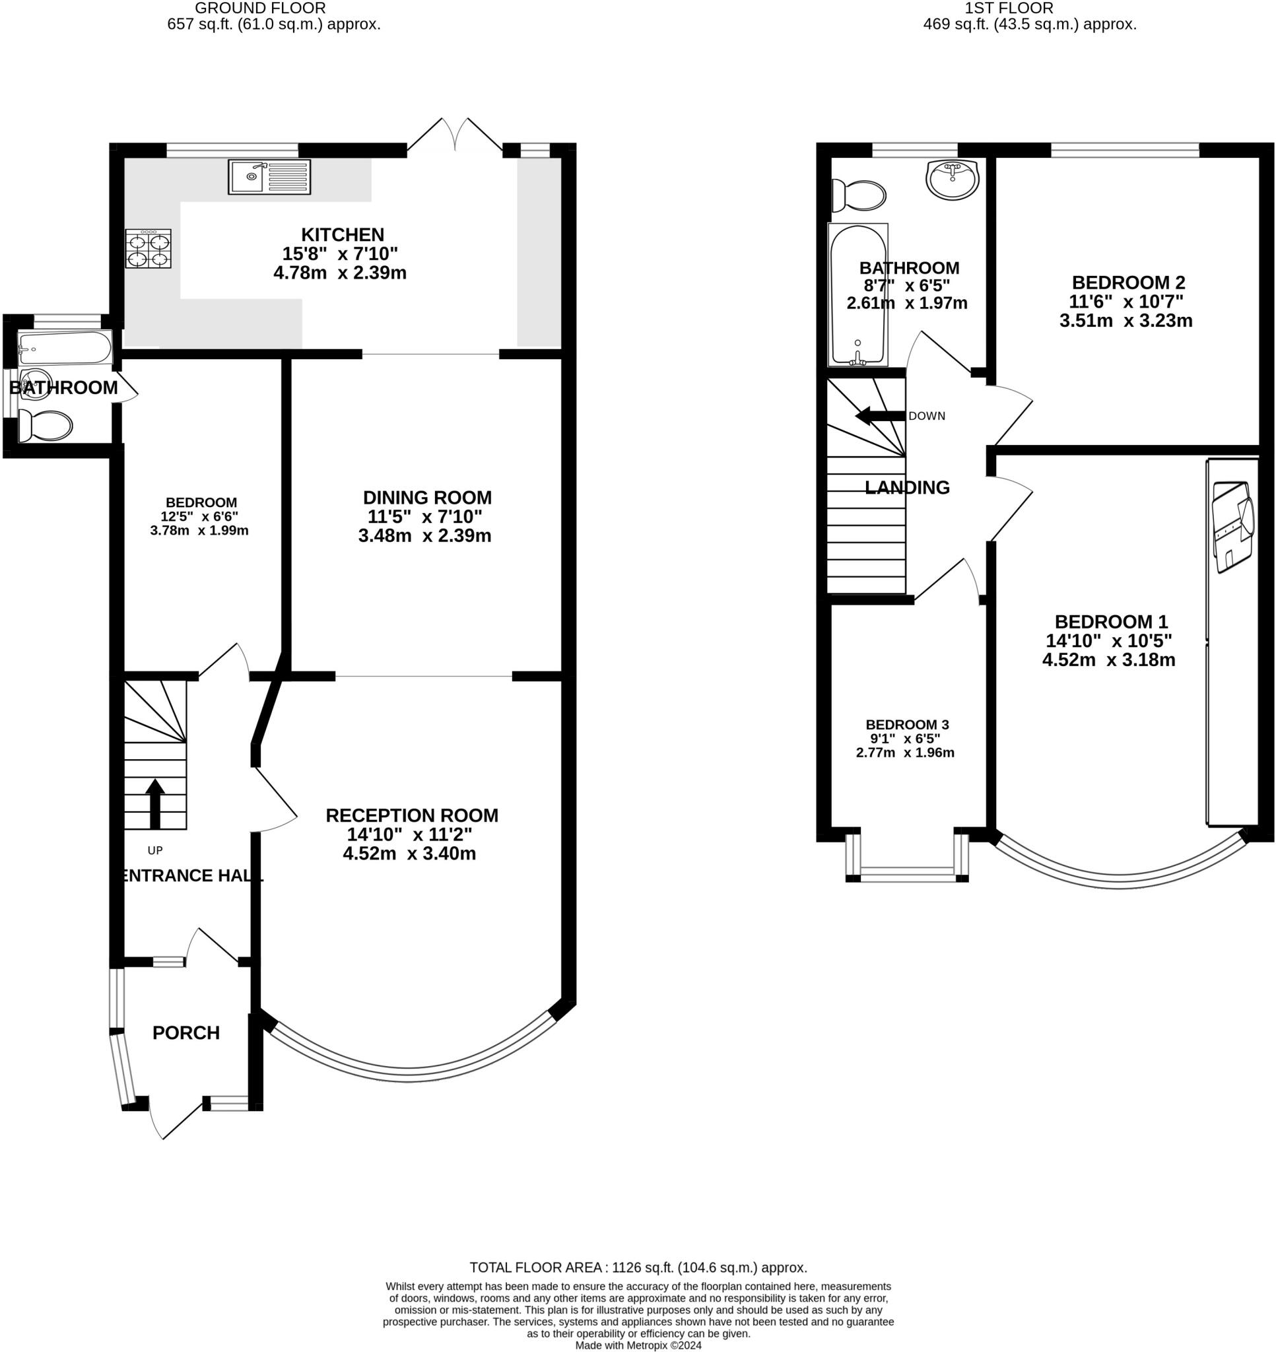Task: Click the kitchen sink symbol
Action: pyautogui.click(x=269, y=177)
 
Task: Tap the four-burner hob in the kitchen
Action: pyautogui.click(x=149, y=249)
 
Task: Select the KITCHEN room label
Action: pyautogui.click(x=342, y=234)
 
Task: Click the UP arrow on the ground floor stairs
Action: pyautogui.click(x=155, y=803)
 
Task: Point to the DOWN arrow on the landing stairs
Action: pyautogui.click(x=880, y=415)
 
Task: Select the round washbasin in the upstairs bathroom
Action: pyautogui.click(x=953, y=180)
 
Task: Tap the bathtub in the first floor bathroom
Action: pyautogui.click(x=857, y=295)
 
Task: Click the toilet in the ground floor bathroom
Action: pyautogui.click(x=46, y=426)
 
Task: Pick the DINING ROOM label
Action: pyautogui.click(x=427, y=497)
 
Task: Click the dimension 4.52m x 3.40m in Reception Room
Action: pyautogui.click(x=409, y=854)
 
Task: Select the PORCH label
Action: pyautogui.click(x=185, y=1033)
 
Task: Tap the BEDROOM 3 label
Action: pyautogui.click(x=907, y=724)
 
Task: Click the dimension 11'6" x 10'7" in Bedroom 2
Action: pyautogui.click(x=1126, y=300)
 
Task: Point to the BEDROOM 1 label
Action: pyautogui.click(x=1111, y=622)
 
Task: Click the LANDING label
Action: pyautogui.click(x=907, y=487)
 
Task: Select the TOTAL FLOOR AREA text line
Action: pyautogui.click(x=638, y=1267)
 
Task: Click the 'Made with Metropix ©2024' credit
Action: pyautogui.click(x=638, y=1345)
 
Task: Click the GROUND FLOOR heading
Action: pyautogui.click(x=260, y=8)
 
